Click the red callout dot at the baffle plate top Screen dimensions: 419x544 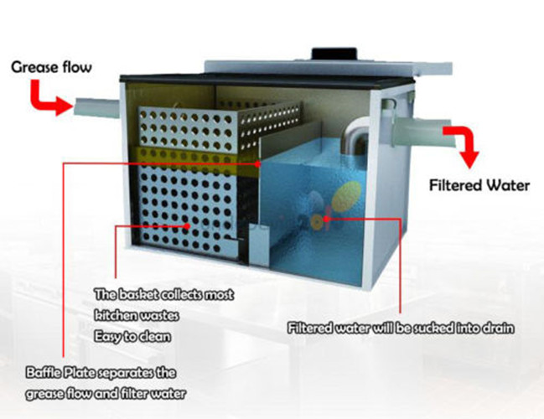coord(258,163)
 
